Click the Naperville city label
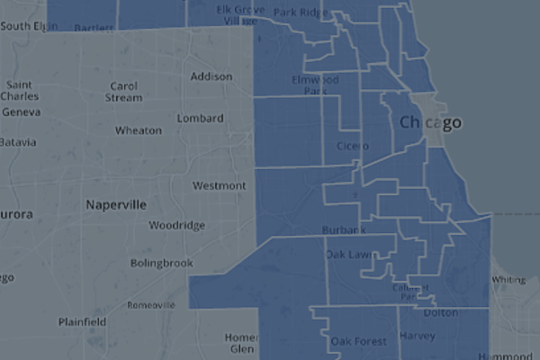click(116, 205)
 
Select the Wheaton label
click(139, 130)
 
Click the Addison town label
click(211, 77)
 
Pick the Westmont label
click(220, 186)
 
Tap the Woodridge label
click(177, 225)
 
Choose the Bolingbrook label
click(162, 264)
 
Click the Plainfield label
click(82, 322)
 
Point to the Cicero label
click(352, 146)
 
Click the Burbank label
click(345, 230)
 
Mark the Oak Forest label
click(358, 342)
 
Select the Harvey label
click(416, 337)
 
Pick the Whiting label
click(508, 280)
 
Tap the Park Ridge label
click(298, 13)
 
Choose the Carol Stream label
click(123, 92)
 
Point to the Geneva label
click(22, 112)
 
